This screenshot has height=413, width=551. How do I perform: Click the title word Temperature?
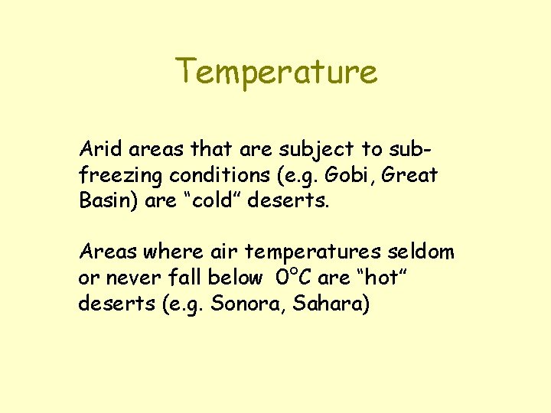pyautogui.click(x=276, y=72)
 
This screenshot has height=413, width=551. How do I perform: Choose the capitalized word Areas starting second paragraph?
pyautogui.click(x=103, y=252)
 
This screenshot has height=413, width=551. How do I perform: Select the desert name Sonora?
pyautogui.click(x=241, y=304)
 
